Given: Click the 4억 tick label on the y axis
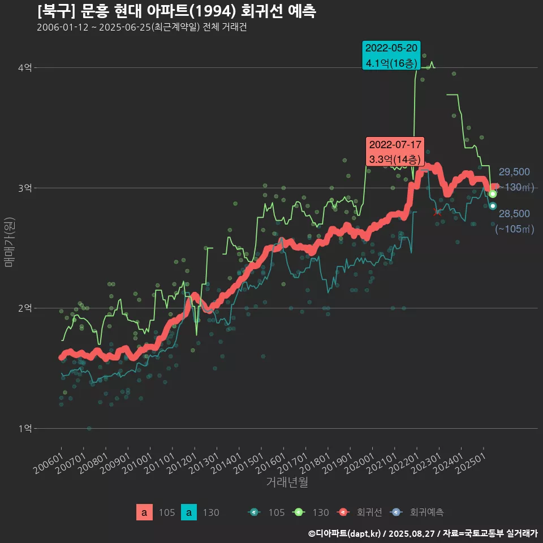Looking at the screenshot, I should tap(25, 67).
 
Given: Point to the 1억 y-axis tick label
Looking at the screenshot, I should tap(25, 428).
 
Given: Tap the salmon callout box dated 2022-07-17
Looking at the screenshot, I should tap(395, 152).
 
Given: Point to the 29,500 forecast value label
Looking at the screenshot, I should tap(514, 172).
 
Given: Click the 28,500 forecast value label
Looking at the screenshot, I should tap(514, 214).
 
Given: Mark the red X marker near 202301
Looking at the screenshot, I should tap(437, 212).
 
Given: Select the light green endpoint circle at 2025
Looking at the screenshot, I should tap(493, 194).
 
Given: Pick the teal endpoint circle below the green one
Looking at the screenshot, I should tap(493, 206).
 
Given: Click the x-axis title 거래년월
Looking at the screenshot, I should tap(287, 482).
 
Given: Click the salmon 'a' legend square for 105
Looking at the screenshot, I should tap(144, 512).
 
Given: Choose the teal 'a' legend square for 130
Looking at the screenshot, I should tap(188, 512).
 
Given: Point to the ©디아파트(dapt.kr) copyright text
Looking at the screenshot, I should tap(345, 533).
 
